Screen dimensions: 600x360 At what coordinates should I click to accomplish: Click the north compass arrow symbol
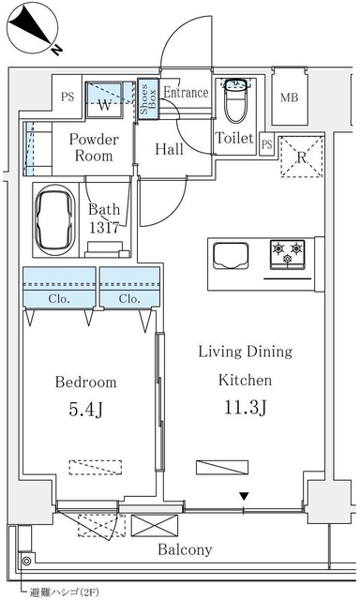[x=33, y=29]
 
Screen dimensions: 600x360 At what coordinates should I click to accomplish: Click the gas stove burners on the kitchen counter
[x=288, y=250]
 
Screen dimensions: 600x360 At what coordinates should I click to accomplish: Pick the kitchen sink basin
[x=231, y=255]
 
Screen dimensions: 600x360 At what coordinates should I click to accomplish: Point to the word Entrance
[x=186, y=92]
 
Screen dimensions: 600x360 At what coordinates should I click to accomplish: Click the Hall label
[x=170, y=148]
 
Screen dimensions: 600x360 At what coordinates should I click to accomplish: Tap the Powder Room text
[x=93, y=148]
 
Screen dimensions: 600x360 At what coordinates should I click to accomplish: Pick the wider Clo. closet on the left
[x=59, y=299]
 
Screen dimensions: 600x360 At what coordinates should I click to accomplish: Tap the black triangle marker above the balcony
[x=244, y=496]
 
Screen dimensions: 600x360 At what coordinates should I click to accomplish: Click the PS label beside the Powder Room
[x=67, y=97]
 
